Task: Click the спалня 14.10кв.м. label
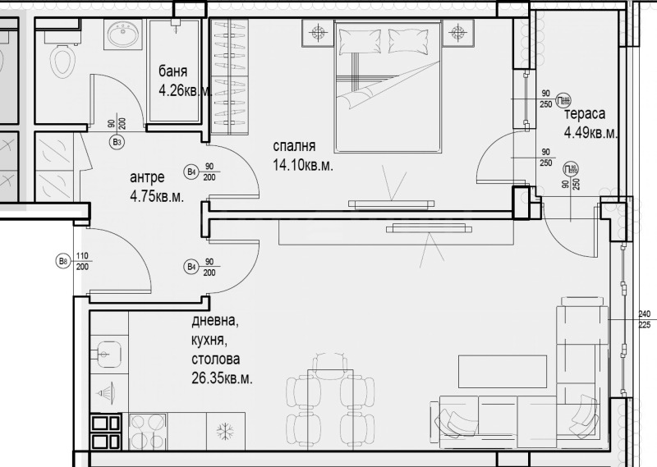[x=303, y=155]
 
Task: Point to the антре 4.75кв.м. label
[x=156, y=186]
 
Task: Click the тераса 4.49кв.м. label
[x=590, y=124]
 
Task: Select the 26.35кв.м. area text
[x=221, y=378]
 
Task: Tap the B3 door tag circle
[x=117, y=142]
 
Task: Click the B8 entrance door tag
[x=62, y=262]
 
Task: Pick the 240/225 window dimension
[x=643, y=318]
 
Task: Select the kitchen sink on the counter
[x=107, y=354]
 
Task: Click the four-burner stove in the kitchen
[x=107, y=432]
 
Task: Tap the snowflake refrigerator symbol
[x=224, y=431]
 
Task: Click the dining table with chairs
[x=329, y=402]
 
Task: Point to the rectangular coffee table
[x=502, y=370]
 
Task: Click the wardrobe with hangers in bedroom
[x=228, y=78]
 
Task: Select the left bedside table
[x=318, y=34]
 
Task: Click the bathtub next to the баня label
[x=176, y=71]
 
